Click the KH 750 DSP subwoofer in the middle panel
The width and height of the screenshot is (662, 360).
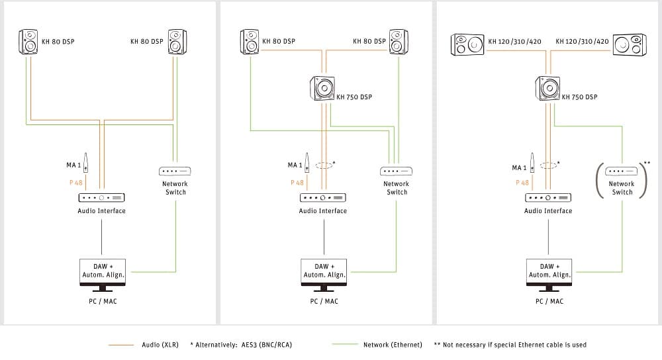click(x=322, y=88)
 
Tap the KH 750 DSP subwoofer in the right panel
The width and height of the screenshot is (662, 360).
click(x=547, y=88)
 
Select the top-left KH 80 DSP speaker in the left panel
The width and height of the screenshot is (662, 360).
click(x=28, y=42)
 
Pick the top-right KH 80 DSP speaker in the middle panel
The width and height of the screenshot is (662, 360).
click(x=398, y=42)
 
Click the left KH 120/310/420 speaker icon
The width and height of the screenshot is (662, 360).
click(x=467, y=44)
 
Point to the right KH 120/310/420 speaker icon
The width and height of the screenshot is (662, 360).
click(x=629, y=44)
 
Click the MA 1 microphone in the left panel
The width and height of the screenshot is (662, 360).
click(x=85, y=163)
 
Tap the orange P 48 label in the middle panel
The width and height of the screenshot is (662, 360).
click(x=297, y=183)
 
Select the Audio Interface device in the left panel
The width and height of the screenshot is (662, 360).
click(x=102, y=197)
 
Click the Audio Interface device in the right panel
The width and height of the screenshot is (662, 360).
click(x=548, y=197)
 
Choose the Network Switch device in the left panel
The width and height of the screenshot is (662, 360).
click(x=175, y=171)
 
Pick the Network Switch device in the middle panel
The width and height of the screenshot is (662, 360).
click(x=396, y=171)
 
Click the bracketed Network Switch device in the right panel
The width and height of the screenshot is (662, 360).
click(x=622, y=171)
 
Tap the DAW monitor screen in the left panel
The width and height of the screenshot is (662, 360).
click(x=103, y=271)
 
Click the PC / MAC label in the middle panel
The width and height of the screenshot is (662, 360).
click(x=324, y=301)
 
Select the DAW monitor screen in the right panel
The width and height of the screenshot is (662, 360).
click(x=549, y=271)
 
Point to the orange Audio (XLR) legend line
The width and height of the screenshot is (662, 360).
click(x=120, y=345)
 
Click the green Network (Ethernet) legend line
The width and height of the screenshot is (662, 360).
click(x=344, y=345)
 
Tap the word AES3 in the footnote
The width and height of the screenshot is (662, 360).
click(x=249, y=345)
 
